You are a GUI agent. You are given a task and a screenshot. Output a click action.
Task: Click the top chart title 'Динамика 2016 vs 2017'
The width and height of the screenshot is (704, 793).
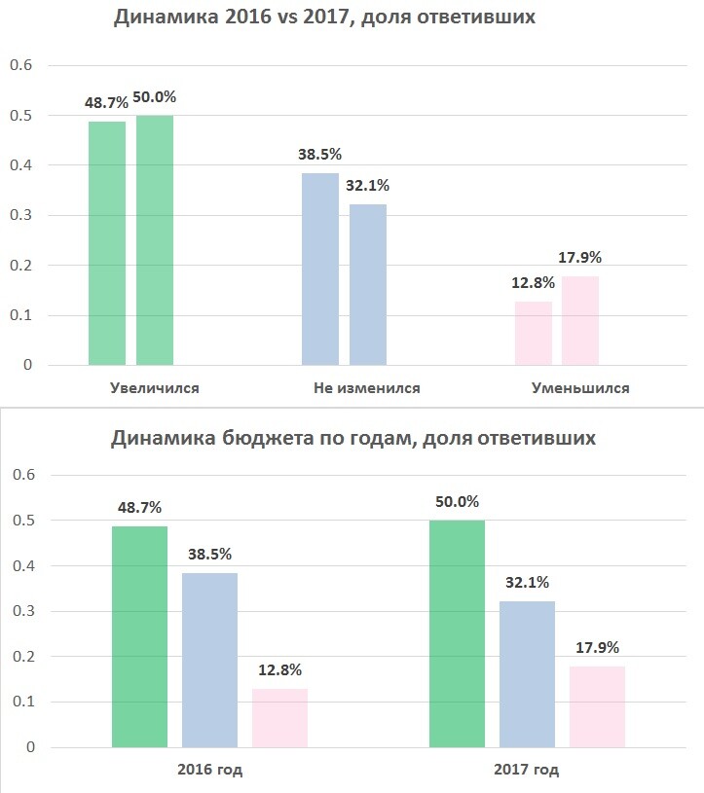point(324,18)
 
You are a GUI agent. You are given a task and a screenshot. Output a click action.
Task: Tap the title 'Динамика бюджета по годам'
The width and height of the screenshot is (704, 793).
point(352,439)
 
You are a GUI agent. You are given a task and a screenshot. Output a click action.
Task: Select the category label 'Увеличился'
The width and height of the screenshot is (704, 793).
point(155,388)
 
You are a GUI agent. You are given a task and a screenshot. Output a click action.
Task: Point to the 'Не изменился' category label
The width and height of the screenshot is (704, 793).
point(367,388)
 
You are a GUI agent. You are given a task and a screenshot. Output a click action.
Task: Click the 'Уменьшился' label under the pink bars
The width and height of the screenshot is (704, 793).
point(580,388)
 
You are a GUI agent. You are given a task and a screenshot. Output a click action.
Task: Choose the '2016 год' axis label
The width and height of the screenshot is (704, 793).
point(209,771)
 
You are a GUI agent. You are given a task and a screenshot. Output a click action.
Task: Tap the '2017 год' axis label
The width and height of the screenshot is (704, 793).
point(527,771)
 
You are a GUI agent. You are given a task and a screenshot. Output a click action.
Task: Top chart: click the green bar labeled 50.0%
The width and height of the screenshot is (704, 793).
point(155,240)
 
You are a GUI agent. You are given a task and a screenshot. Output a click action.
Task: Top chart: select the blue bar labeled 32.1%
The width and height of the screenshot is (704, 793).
point(368,285)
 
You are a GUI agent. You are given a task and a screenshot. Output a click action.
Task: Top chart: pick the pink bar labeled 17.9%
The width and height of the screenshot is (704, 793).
point(580,320)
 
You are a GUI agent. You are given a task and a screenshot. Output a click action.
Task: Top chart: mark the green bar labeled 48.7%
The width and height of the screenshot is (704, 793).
point(107,243)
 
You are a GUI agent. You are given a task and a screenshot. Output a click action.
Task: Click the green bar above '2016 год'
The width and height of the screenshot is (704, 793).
point(139,636)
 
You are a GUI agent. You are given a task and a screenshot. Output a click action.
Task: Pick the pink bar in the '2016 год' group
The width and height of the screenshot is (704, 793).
point(279,718)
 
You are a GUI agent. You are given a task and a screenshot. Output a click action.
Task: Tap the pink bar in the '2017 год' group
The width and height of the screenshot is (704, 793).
point(597,706)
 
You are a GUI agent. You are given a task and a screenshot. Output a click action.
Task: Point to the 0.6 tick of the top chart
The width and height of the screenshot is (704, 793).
point(21,65)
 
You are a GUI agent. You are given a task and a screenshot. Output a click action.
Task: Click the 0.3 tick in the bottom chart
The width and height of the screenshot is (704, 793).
point(21,611)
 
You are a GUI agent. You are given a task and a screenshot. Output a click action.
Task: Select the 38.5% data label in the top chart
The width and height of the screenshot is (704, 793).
point(319,155)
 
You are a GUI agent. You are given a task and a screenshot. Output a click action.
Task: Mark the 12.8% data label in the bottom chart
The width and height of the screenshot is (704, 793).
point(279,669)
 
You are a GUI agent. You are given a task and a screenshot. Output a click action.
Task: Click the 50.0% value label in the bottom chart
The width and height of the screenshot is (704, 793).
point(457,501)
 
